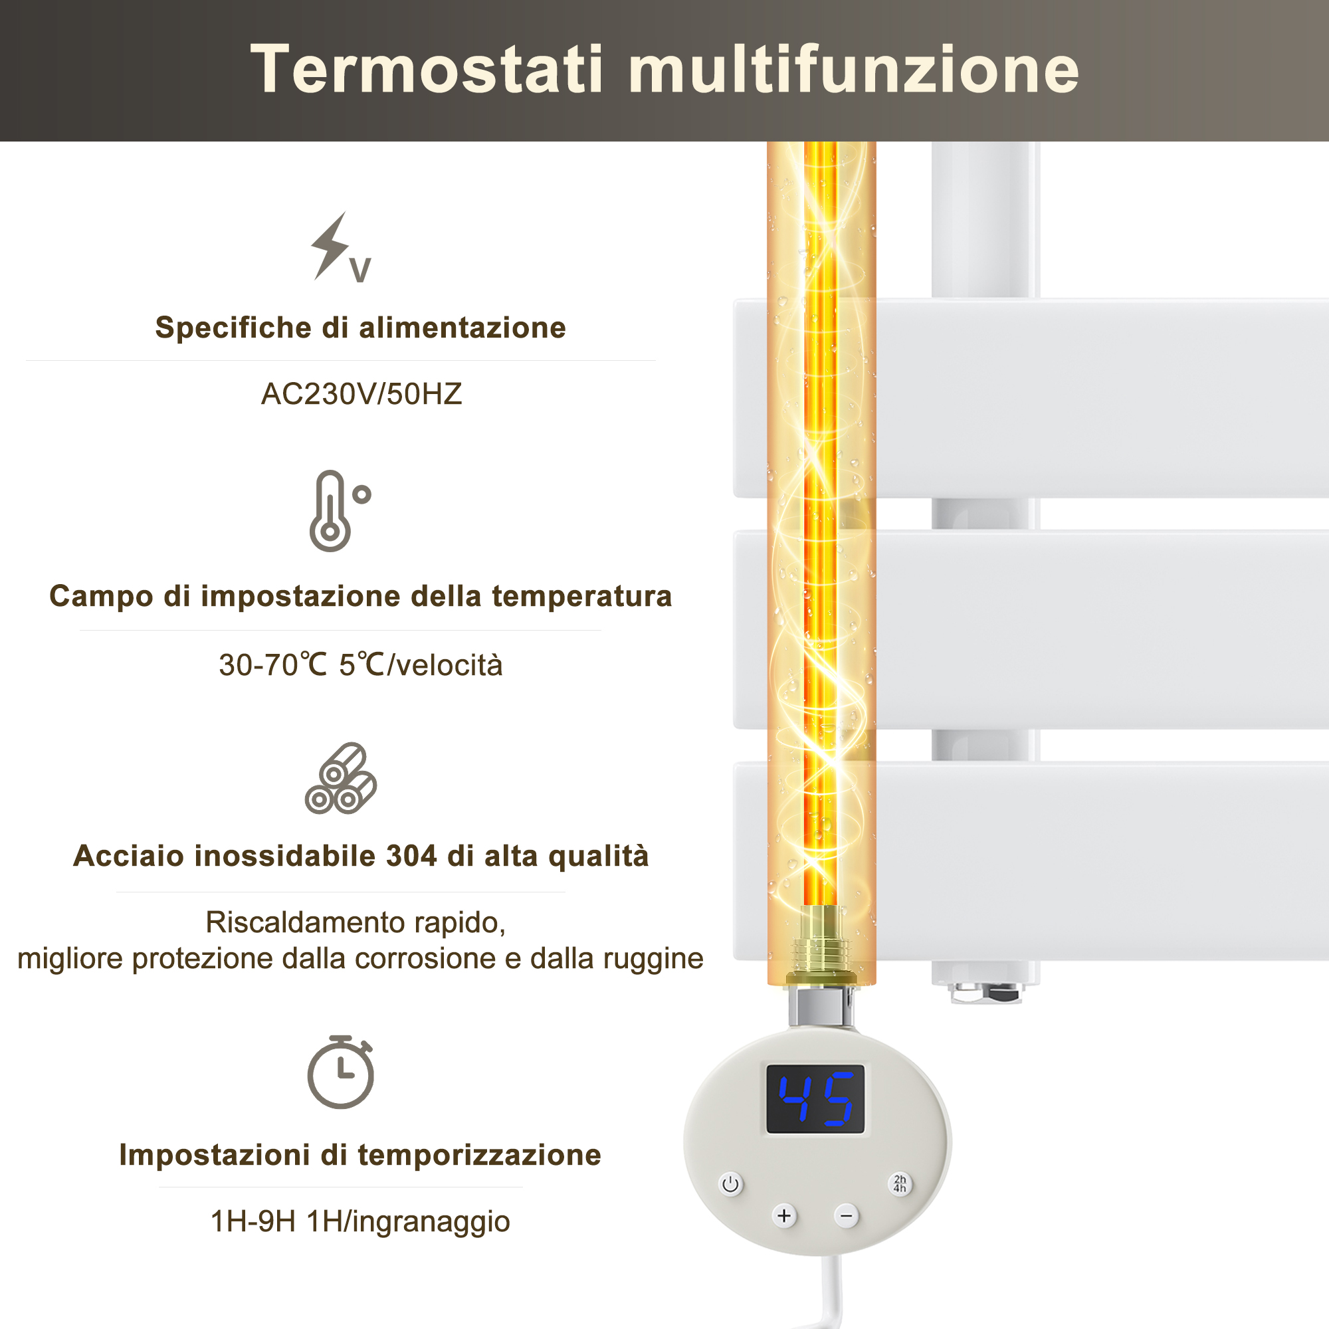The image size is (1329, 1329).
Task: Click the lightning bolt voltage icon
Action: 340,248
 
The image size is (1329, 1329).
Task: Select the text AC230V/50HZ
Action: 361,394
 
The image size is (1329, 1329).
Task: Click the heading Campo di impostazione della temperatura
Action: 360,595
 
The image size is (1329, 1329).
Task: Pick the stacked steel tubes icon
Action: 340,778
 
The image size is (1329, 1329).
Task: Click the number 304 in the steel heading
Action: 411,856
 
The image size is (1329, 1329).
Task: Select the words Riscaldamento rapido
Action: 355,922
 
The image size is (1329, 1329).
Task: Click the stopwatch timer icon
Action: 340,1071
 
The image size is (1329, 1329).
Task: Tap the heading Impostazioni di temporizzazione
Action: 359,1155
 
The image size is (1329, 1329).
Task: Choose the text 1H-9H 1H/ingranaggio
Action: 359,1222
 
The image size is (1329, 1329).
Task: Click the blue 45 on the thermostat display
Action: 816,1100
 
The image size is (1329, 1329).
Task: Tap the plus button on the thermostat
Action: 784,1215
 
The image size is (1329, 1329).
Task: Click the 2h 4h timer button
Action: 900,1184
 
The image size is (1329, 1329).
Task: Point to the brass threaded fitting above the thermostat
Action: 821,946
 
